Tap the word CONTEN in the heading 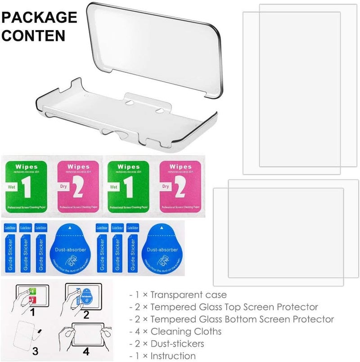(x=33, y=35)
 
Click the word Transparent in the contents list (x=177, y=295)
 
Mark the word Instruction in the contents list (x=173, y=356)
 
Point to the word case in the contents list (x=216, y=295)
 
